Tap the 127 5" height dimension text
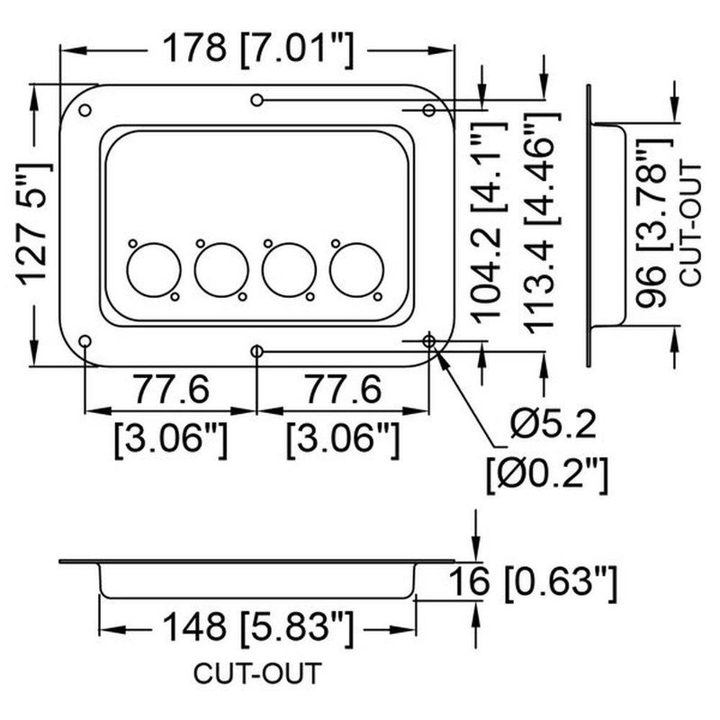(35, 224)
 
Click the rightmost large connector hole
(356, 270)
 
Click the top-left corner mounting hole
(85, 111)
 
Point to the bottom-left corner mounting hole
(85, 341)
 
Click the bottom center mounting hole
(257, 350)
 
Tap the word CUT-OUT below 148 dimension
(256, 673)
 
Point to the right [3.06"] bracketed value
(342, 438)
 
